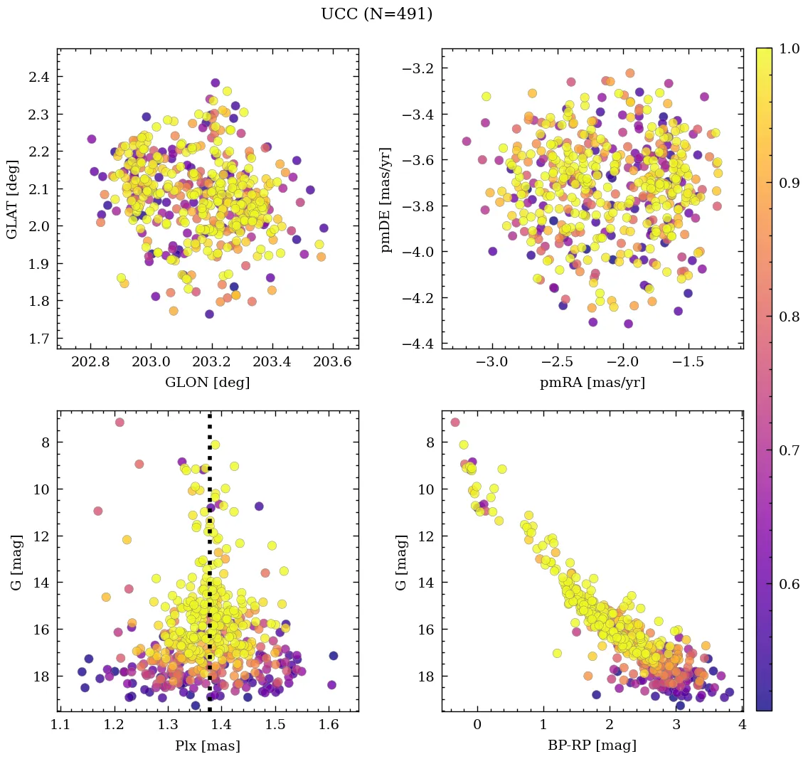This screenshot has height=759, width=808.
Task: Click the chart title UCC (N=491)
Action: pyautogui.click(x=376, y=14)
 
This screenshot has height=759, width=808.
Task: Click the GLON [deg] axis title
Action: pyautogui.click(x=207, y=383)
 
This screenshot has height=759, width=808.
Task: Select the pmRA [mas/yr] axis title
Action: pyautogui.click(x=592, y=383)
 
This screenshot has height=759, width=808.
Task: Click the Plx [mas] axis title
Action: pyautogui.click(x=207, y=745)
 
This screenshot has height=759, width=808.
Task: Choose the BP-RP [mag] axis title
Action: pyautogui.click(x=592, y=745)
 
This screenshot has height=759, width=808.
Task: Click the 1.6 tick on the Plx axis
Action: pyautogui.click(x=329, y=726)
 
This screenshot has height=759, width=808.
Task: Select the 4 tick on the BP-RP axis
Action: pyautogui.click(x=742, y=726)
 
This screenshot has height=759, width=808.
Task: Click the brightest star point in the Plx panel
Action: pyautogui.click(x=119, y=423)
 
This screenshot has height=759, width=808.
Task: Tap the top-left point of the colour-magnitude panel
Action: pyautogui.click(x=455, y=423)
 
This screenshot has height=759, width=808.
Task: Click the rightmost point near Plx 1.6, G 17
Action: pyautogui.click(x=333, y=656)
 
